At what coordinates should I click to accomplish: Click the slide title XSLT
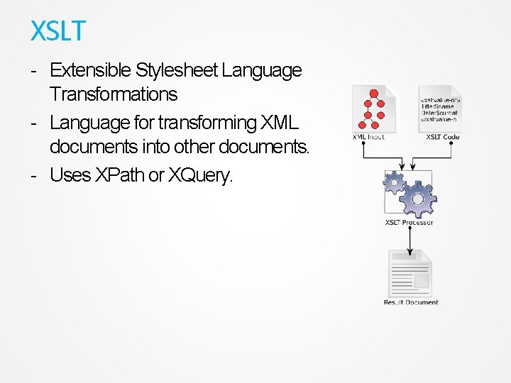[x=57, y=31]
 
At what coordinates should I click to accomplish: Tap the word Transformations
[x=113, y=94]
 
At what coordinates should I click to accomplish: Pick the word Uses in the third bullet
[x=70, y=175]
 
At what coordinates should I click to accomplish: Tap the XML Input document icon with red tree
[x=374, y=108]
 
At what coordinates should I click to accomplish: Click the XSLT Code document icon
[x=439, y=108]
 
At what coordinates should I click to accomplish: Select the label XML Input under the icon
[x=368, y=136]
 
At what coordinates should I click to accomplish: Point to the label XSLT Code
[x=443, y=136]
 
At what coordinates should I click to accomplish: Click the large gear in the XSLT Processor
[x=417, y=199]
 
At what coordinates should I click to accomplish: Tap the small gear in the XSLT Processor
[x=393, y=183]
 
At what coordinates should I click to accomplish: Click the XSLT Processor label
[x=409, y=223]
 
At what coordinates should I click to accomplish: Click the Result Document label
[x=411, y=302]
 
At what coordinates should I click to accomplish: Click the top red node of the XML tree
[x=373, y=94]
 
